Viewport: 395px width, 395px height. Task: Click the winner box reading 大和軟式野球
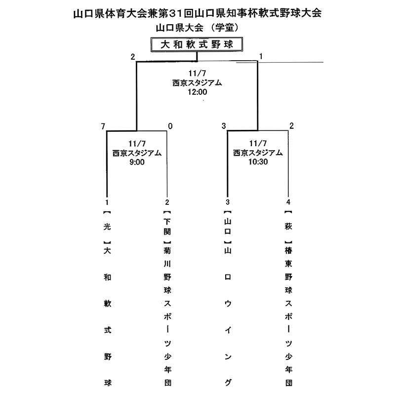pos(197,44)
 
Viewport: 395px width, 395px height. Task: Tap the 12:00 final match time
pos(197,91)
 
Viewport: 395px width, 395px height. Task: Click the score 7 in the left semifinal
pos(104,126)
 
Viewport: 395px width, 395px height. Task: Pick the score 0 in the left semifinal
pos(170,126)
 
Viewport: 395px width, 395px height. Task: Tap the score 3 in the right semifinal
pos(224,126)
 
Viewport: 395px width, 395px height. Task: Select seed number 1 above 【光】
pos(107,202)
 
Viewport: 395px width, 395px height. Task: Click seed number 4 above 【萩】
pos(288,202)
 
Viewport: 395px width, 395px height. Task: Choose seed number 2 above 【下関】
pos(167,202)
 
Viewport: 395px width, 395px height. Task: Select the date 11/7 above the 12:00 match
pos(197,74)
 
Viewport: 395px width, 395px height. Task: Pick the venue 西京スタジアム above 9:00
pos(136,153)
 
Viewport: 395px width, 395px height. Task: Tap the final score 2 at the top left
pos(133,56)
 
